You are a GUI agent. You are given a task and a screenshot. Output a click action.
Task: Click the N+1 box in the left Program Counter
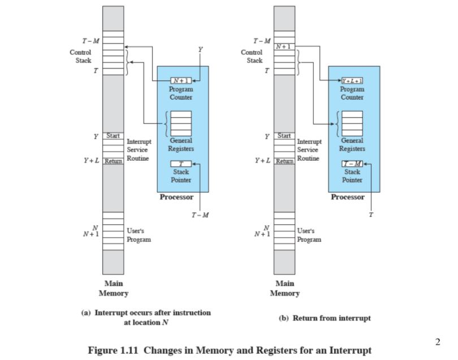point(180,80)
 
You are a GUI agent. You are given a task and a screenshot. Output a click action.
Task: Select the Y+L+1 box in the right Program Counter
point(352,80)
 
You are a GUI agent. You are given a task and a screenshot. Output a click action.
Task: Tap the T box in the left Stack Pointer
point(180,164)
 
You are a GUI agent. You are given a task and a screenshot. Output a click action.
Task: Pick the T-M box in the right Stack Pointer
point(352,164)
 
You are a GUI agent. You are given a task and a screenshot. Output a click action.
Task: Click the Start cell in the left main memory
point(113,136)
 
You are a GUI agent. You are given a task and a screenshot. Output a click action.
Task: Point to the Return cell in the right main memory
point(284,161)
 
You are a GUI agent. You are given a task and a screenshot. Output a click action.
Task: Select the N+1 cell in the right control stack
point(284,46)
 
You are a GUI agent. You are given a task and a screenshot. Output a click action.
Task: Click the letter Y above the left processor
point(200,49)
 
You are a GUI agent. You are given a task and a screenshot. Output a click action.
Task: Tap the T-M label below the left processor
point(200,215)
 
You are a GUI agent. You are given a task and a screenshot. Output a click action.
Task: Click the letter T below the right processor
point(371,215)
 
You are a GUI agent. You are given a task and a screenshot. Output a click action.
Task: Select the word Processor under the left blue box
point(176,197)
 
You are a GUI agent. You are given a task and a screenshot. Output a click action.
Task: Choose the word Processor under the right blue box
point(348,197)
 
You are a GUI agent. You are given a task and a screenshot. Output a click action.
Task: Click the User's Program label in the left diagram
point(139,235)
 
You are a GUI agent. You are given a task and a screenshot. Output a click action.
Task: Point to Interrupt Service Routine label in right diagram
point(309,150)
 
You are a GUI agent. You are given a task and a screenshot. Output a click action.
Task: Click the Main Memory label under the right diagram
point(284,288)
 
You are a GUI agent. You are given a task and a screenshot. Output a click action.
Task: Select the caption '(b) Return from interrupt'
point(325,318)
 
